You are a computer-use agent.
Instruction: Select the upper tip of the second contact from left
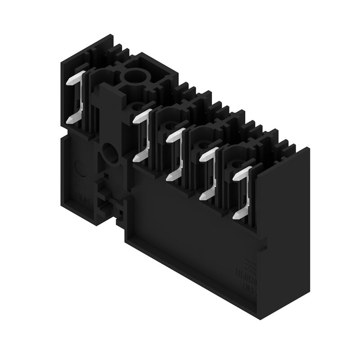coord(137,118)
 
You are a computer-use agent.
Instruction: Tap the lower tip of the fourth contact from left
coord(203,197)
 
